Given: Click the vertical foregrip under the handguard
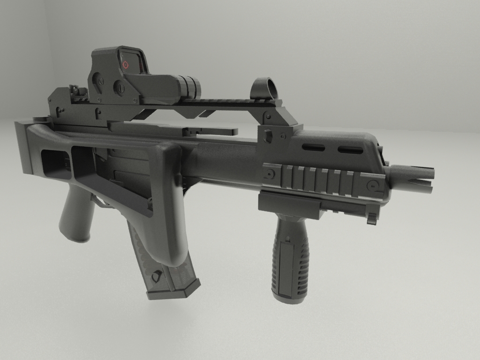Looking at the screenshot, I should (291, 258).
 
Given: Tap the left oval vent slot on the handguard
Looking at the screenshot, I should (313, 148).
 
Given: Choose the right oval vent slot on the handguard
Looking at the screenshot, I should (351, 150).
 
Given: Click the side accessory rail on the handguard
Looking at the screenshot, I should (323, 180).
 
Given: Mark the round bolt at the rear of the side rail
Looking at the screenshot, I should (269, 173).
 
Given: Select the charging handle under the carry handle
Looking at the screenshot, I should (211, 132).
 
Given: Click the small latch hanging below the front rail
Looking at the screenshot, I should (372, 218).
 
